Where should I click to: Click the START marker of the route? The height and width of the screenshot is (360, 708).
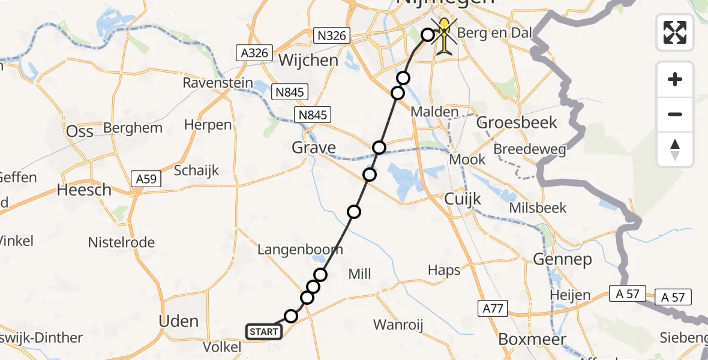click(263, 332)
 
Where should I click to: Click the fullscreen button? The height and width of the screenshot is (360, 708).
click(675, 32)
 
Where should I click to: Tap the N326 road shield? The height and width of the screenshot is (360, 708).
click(332, 35)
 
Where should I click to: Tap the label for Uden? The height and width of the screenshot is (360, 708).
click(179, 321)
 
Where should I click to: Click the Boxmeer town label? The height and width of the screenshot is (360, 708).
click(532, 340)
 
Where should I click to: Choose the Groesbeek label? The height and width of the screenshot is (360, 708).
click(517, 123)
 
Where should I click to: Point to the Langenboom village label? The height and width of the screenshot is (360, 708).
click(300, 250)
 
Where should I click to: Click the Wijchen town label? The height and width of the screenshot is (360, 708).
click(308, 61)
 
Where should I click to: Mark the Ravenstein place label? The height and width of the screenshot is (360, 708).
click(218, 83)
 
